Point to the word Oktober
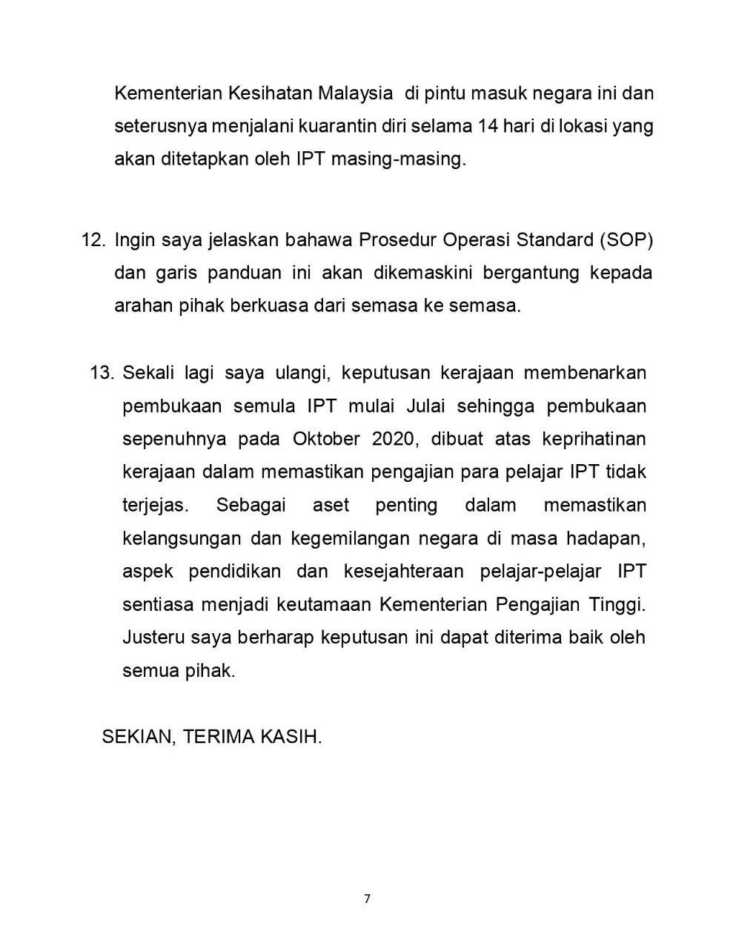click(326, 439)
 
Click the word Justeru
click(153, 638)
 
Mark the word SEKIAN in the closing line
click(137, 737)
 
